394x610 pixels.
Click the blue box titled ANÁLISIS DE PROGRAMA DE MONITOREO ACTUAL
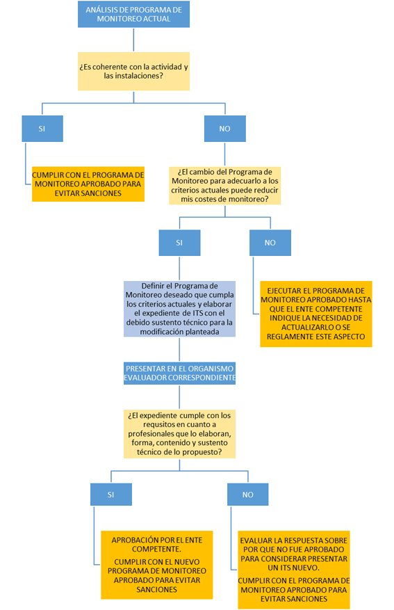(133, 15)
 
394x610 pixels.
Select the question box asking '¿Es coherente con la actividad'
(133, 71)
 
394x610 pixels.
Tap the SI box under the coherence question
(42, 129)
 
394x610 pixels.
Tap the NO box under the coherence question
(225, 129)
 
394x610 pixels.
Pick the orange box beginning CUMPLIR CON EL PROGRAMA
(88, 184)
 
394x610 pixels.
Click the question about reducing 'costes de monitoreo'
(225, 186)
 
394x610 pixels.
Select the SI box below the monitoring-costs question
(179, 243)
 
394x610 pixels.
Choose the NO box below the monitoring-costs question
(270, 243)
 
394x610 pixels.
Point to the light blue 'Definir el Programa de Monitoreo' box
(179, 309)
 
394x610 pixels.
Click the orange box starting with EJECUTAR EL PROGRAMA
(316, 314)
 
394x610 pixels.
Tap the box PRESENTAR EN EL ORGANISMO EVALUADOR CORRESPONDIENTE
(179, 373)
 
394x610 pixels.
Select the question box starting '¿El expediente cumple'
(179, 434)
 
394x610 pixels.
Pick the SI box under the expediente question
(111, 495)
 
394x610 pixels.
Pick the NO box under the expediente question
(248, 495)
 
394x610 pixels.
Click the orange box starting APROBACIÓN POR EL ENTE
(157, 565)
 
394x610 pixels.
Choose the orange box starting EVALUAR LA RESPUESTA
(294, 570)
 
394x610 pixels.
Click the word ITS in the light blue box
(198, 313)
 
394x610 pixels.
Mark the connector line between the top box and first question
(133, 40)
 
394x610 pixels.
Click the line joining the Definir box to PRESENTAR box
(179, 349)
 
